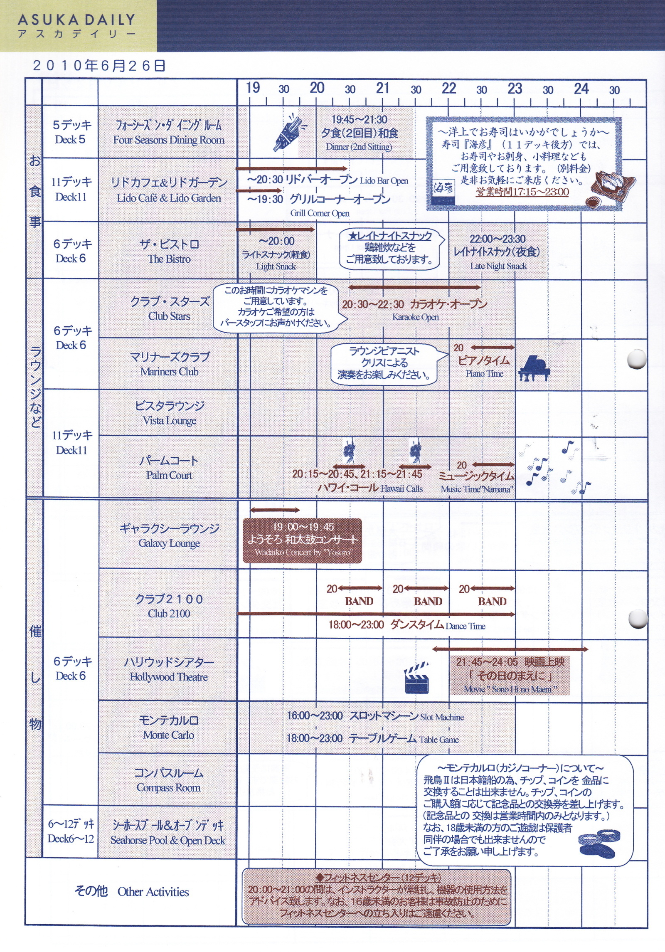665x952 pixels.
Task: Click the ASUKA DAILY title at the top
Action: click(x=76, y=20)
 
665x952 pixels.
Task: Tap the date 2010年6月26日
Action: click(x=99, y=66)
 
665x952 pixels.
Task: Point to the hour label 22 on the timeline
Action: click(x=449, y=88)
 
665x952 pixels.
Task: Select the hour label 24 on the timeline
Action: click(x=581, y=88)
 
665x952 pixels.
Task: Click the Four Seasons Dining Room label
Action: click(x=169, y=140)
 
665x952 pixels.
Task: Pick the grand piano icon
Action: click(x=534, y=368)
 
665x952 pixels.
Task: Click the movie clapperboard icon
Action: click(x=417, y=678)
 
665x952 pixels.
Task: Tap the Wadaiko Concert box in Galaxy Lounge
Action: click(x=302, y=540)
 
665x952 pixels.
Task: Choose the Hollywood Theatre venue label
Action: click(x=169, y=677)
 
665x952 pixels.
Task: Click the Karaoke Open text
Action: click(x=416, y=317)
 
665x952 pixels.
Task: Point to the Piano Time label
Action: click(x=485, y=374)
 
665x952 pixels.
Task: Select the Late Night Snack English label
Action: click(x=499, y=266)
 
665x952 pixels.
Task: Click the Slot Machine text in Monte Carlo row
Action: click(x=442, y=717)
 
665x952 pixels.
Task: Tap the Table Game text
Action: click(x=439, y=740)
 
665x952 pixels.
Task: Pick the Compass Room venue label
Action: click(x=169, y=788)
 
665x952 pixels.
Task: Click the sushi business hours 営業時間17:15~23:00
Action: click(x=522, y=192)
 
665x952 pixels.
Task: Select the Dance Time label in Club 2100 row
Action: click(x=465, y=626)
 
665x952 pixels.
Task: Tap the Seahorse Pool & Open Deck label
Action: click(x=168, y=840)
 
